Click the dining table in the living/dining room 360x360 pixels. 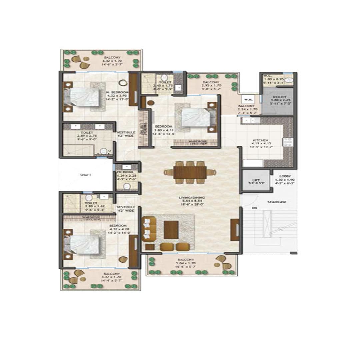click(190, 172)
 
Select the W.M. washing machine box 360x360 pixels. click(247, 99)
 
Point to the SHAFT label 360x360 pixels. click(86, 175)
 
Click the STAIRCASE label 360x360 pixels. click(277, 202)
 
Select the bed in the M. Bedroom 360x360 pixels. click(84, 97)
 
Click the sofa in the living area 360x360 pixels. click(149, 229)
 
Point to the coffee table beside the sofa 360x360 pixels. click(171, 229)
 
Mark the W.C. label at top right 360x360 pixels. click(267, 76)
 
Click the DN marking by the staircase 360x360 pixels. click(254, 208)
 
